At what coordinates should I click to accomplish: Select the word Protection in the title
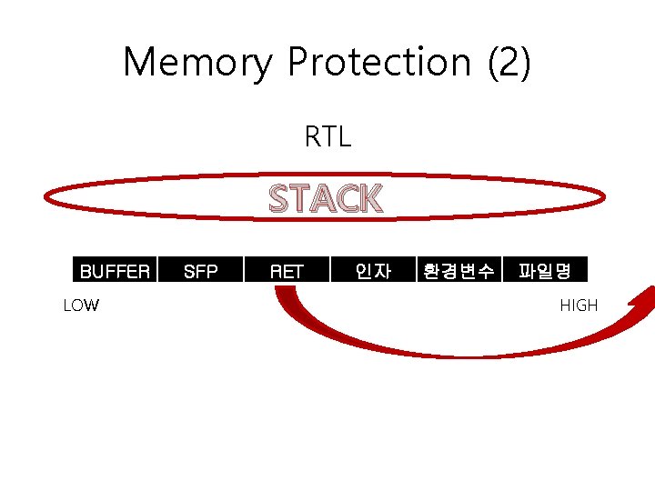tap(379, 62)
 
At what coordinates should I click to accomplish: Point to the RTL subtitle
tap(327, 137)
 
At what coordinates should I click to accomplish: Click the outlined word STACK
tap(327, 198)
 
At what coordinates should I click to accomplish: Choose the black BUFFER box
tap(116, 270)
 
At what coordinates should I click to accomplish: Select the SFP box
tap(200, 270)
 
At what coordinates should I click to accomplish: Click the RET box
tap(286, 270)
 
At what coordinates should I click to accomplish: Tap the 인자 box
tap(372, 270)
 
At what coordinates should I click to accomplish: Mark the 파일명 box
tap(544, 270)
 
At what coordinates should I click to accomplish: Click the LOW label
tap(81, 306)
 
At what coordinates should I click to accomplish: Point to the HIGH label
tap(579, 306)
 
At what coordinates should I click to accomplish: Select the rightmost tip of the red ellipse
tap(604, 198)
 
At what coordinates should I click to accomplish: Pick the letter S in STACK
tap(281, 198)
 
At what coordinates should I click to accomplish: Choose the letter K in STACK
tap(370, 198)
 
